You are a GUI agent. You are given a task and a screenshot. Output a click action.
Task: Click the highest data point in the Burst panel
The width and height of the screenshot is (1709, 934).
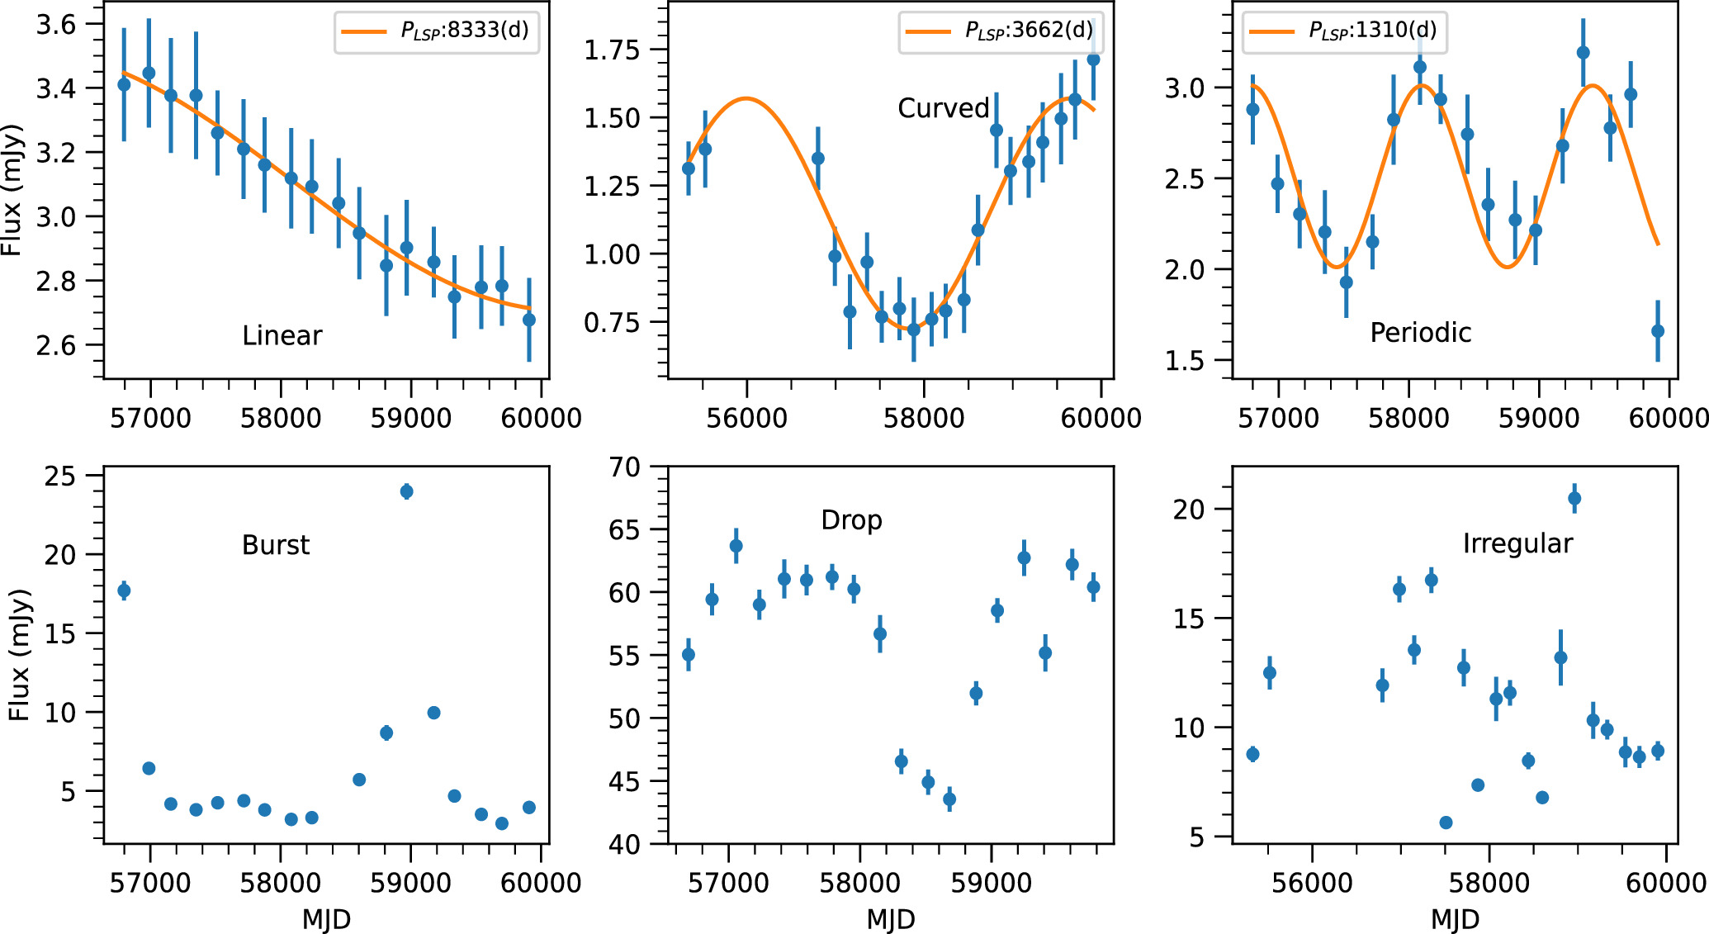(x=406, y=491)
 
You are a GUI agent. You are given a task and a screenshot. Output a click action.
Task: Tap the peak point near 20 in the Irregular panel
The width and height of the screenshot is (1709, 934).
(x=1574, y=498)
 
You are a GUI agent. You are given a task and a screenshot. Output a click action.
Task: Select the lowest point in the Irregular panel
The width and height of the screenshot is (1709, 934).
(x=1445, y=823)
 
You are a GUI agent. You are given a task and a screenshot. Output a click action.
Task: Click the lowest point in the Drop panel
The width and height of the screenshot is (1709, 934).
(x=949, y=799)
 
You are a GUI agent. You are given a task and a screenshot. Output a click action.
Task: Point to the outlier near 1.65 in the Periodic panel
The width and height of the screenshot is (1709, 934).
(x=1657, y=331)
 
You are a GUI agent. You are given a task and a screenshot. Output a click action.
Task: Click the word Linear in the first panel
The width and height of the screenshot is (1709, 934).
(x=282, y=335)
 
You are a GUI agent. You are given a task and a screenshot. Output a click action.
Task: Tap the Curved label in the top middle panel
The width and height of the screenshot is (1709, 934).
(x=943, y=108)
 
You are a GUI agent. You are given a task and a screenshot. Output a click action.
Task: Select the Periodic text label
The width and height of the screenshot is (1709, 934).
(x=1420, y=332)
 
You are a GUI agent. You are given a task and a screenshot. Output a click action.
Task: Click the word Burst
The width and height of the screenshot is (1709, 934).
(x=276, y=545)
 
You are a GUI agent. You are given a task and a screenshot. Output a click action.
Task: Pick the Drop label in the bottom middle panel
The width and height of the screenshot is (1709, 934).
(x=851, y=520)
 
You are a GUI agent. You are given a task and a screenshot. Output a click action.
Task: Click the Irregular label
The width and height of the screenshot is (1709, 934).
(x=1517, y=543)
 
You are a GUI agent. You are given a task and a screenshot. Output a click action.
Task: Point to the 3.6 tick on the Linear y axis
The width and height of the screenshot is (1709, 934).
(x=55, y=25)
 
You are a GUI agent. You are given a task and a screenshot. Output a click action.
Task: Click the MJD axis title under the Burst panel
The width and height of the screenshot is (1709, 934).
(x=326, y=919)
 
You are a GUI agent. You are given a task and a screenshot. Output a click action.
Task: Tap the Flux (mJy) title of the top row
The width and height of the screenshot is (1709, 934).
(x=12, y=190)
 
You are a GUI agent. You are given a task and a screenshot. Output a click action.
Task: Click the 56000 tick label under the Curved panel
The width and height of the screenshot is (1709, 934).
(x=746, y=418)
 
